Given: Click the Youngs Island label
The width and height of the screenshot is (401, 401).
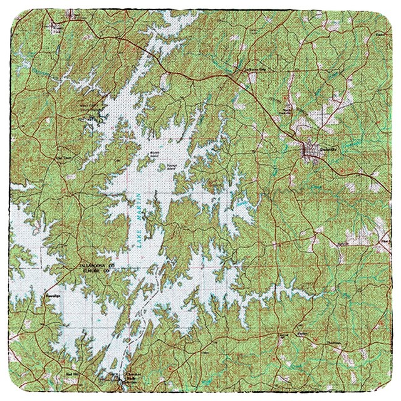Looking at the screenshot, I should (x=170, y=167).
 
